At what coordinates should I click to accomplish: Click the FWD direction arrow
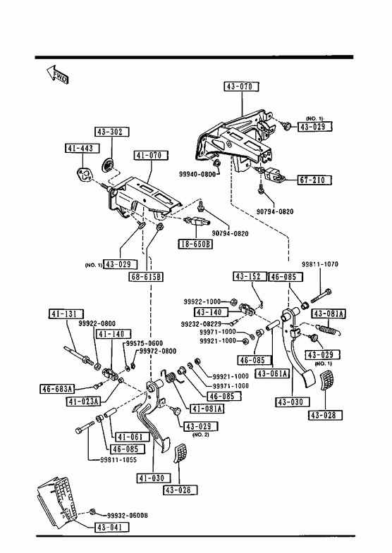pos(57,75)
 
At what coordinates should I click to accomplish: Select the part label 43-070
pos(241,87)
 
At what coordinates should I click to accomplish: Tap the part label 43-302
pos(112,132)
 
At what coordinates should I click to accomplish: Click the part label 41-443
pos(82,149)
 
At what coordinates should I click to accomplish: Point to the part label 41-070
pos(151,156)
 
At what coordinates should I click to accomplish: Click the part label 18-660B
pos(195,244)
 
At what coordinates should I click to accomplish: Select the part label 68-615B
pos(146,277)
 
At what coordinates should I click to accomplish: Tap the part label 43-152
pos(250,276)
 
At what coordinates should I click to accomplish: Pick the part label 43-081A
pos(329,313)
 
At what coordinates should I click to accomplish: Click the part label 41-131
pos(66,314)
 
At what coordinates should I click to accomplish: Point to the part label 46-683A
pos(57,389)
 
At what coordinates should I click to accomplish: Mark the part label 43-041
pos(112,528)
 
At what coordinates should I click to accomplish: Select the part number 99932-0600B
pos(128,516)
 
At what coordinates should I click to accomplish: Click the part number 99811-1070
pos(319,264)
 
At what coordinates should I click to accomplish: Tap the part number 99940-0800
pos(197,174)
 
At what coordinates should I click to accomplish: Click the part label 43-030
pos(293,402)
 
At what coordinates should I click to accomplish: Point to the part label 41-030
pos(154,478)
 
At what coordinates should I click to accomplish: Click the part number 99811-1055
pos(118,460)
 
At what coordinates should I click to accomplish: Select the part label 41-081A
pos(207,409)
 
